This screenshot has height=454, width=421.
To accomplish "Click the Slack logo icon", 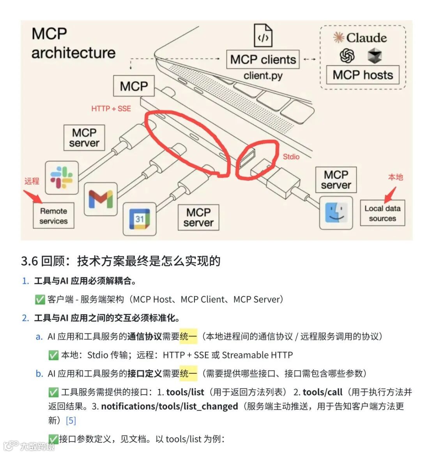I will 62,177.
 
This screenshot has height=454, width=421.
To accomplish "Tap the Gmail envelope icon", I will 101,199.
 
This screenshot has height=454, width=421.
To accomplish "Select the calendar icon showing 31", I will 140,219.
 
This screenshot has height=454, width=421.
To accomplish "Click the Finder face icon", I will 336,213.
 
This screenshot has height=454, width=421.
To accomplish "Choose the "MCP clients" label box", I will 263,59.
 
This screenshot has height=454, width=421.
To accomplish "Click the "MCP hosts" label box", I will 363,74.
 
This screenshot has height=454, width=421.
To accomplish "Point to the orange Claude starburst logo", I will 338,37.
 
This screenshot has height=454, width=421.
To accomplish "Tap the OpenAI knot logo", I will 347,56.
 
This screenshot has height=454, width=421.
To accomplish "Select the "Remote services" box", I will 53,216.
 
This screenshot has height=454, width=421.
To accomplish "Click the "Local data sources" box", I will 382,213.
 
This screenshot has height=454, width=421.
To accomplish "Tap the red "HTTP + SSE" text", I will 111,108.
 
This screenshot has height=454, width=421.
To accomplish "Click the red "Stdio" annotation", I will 291,156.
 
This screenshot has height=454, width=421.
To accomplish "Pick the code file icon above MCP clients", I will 263,36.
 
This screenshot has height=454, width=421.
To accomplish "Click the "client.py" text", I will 263,75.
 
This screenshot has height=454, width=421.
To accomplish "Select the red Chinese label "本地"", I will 395,177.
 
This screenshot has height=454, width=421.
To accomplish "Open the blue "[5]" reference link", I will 71,420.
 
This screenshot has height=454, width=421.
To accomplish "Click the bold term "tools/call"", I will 322,392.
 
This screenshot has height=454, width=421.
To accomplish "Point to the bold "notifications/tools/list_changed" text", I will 170,406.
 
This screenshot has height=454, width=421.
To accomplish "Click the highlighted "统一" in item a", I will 188,336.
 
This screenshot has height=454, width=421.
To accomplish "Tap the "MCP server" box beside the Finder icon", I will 336,180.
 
